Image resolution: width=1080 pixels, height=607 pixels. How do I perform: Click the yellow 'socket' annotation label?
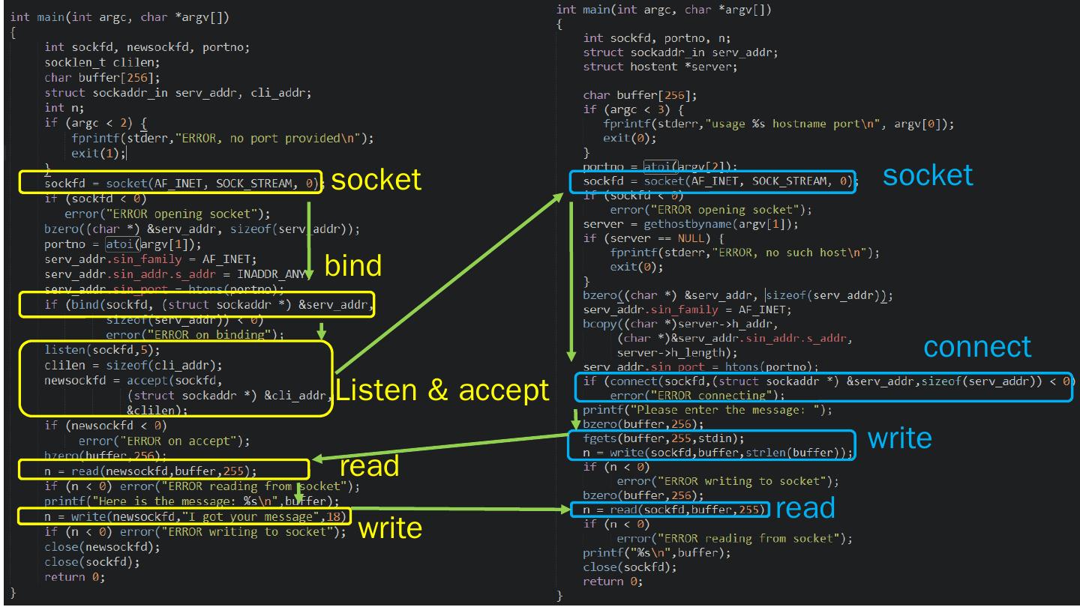(376, 180)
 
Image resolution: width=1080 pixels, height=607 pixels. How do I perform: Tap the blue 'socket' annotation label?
(927, 175)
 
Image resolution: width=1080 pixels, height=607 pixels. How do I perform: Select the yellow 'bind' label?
(352, 265)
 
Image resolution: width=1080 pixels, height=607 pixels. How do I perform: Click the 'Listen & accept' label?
(442, 390)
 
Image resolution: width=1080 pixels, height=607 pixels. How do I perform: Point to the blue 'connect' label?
(976, 346)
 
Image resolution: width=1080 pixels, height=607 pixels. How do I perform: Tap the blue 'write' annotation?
(899, 438)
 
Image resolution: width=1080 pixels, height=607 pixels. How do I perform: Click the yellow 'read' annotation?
(369, 466)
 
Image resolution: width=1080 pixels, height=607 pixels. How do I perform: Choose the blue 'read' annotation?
(805, 508)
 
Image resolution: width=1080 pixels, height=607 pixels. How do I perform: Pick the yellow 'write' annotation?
(390, 528)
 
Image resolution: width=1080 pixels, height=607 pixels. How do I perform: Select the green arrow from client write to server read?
(442, 447)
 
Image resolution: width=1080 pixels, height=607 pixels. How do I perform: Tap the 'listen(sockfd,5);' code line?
(103, 350)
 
